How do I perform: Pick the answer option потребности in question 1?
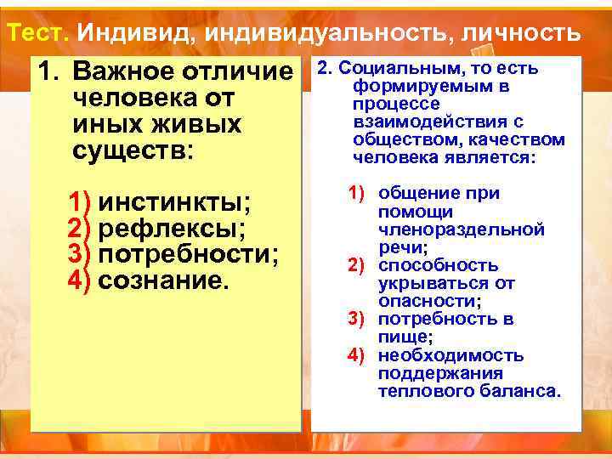pos(189,253)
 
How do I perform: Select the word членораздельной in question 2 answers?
pos(461,229)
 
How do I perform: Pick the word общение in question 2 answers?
pos(416,194)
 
